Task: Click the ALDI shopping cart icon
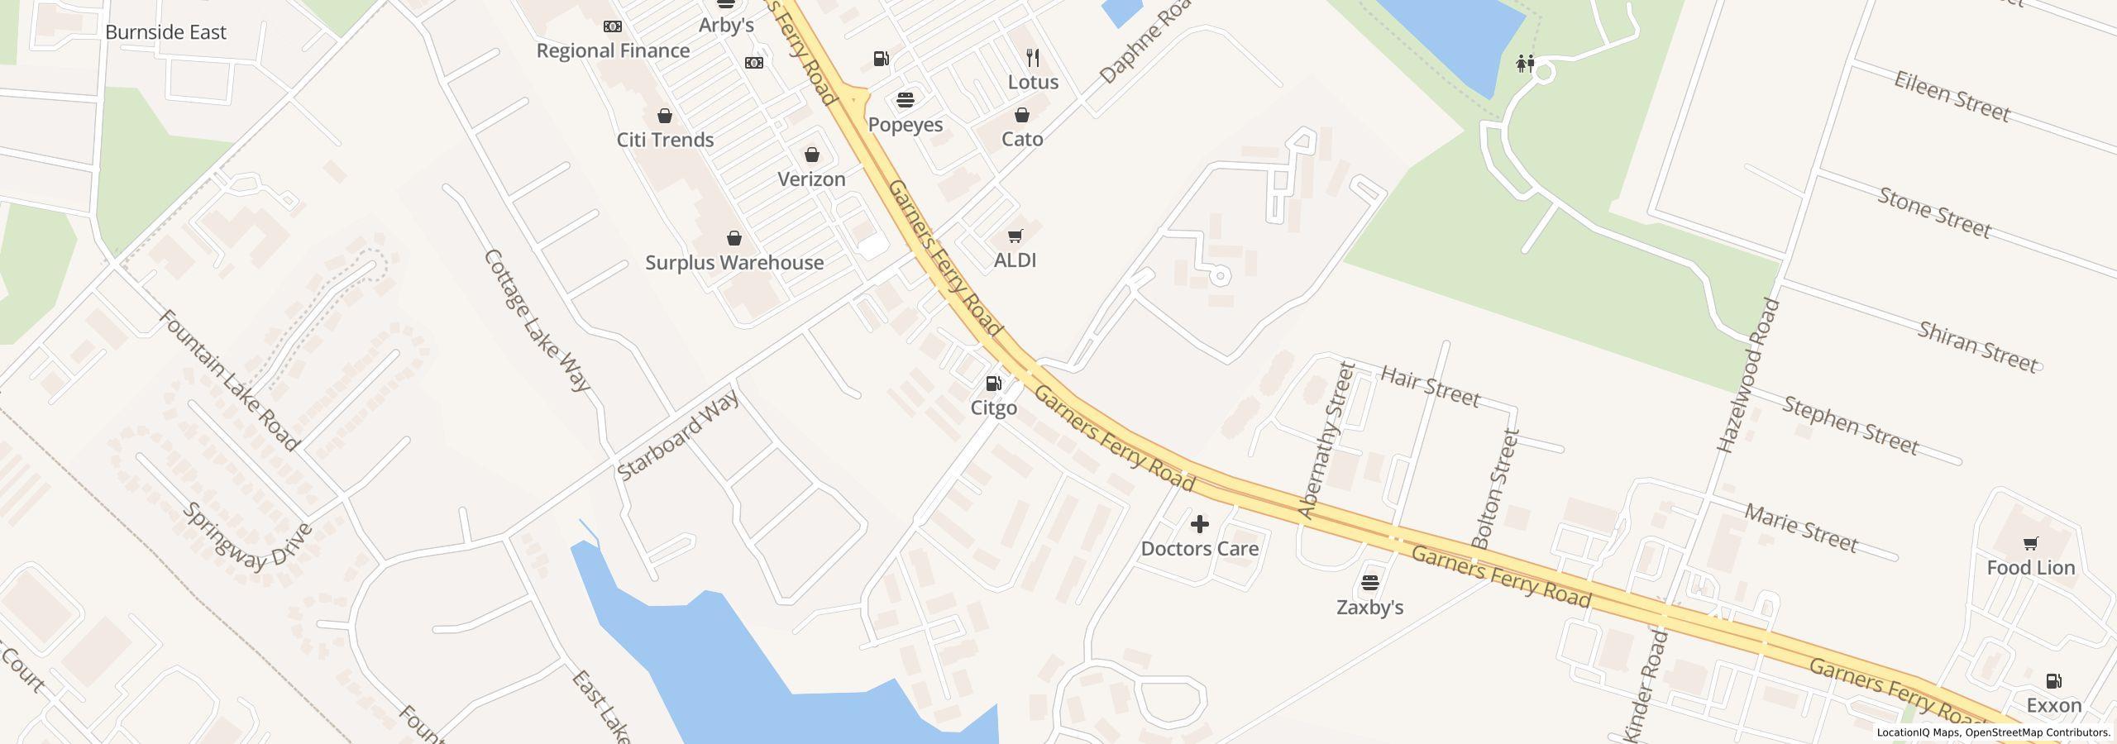coord(1015,236)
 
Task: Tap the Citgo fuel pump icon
coord(993,384)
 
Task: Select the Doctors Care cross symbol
coord(1199,524)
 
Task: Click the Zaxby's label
coord(1369,608)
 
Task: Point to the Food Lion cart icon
coord(2030,544)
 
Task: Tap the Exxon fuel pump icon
coord(2053,681)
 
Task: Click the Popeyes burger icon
coord(906,101)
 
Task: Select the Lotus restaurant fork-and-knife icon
coord(1032,58)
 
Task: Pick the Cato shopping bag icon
coord(1022,115)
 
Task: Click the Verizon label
coord(811,179)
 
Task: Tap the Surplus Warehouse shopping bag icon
coord(734,239)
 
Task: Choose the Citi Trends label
coord(665,140)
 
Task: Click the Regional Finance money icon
coord(612,27)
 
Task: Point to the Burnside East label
coord(165,32)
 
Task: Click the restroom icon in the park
coord(1525,64)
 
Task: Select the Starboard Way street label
coord(678,436)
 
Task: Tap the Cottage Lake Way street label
coord(537,321)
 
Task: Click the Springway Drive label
coord(247,537)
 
